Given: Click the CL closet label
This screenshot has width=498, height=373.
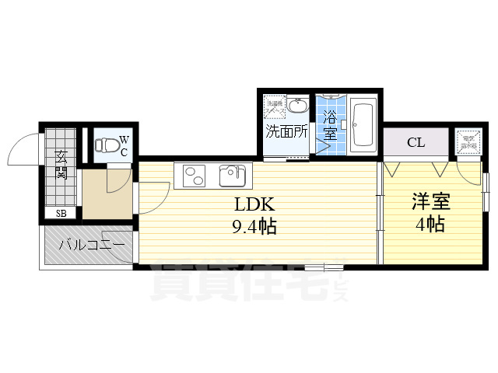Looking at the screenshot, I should [416, 143].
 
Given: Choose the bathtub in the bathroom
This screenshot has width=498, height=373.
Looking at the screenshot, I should [363, 126].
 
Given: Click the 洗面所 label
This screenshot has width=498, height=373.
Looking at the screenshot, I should [287, 131].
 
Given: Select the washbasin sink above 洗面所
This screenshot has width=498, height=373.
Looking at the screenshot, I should [298, 106].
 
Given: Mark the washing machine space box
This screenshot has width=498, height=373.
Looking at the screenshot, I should [275, 106].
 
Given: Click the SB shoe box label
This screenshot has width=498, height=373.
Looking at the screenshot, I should [60, 212].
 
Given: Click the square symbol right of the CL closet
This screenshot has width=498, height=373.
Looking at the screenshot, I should [467, 142].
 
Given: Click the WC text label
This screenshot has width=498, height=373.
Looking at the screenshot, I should [124, 146].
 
